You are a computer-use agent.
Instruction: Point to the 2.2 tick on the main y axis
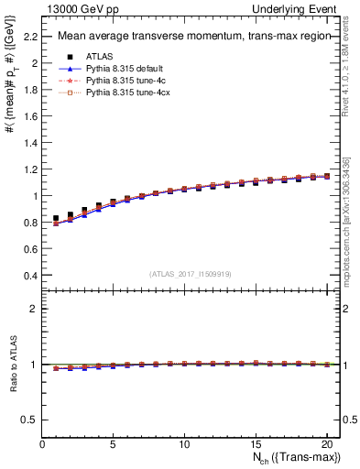coord(30,37)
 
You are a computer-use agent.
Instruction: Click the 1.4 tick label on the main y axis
coord(30,143)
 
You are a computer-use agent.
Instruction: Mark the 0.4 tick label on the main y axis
coord(30,276)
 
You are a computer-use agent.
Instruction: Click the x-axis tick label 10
coord(184,445)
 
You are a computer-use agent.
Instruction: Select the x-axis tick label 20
coord(325,445)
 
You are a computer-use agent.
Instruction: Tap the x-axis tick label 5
coord(114,445)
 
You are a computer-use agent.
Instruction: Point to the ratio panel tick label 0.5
coord(29,420)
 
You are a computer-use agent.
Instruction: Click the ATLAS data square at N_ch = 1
coord(57,219)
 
